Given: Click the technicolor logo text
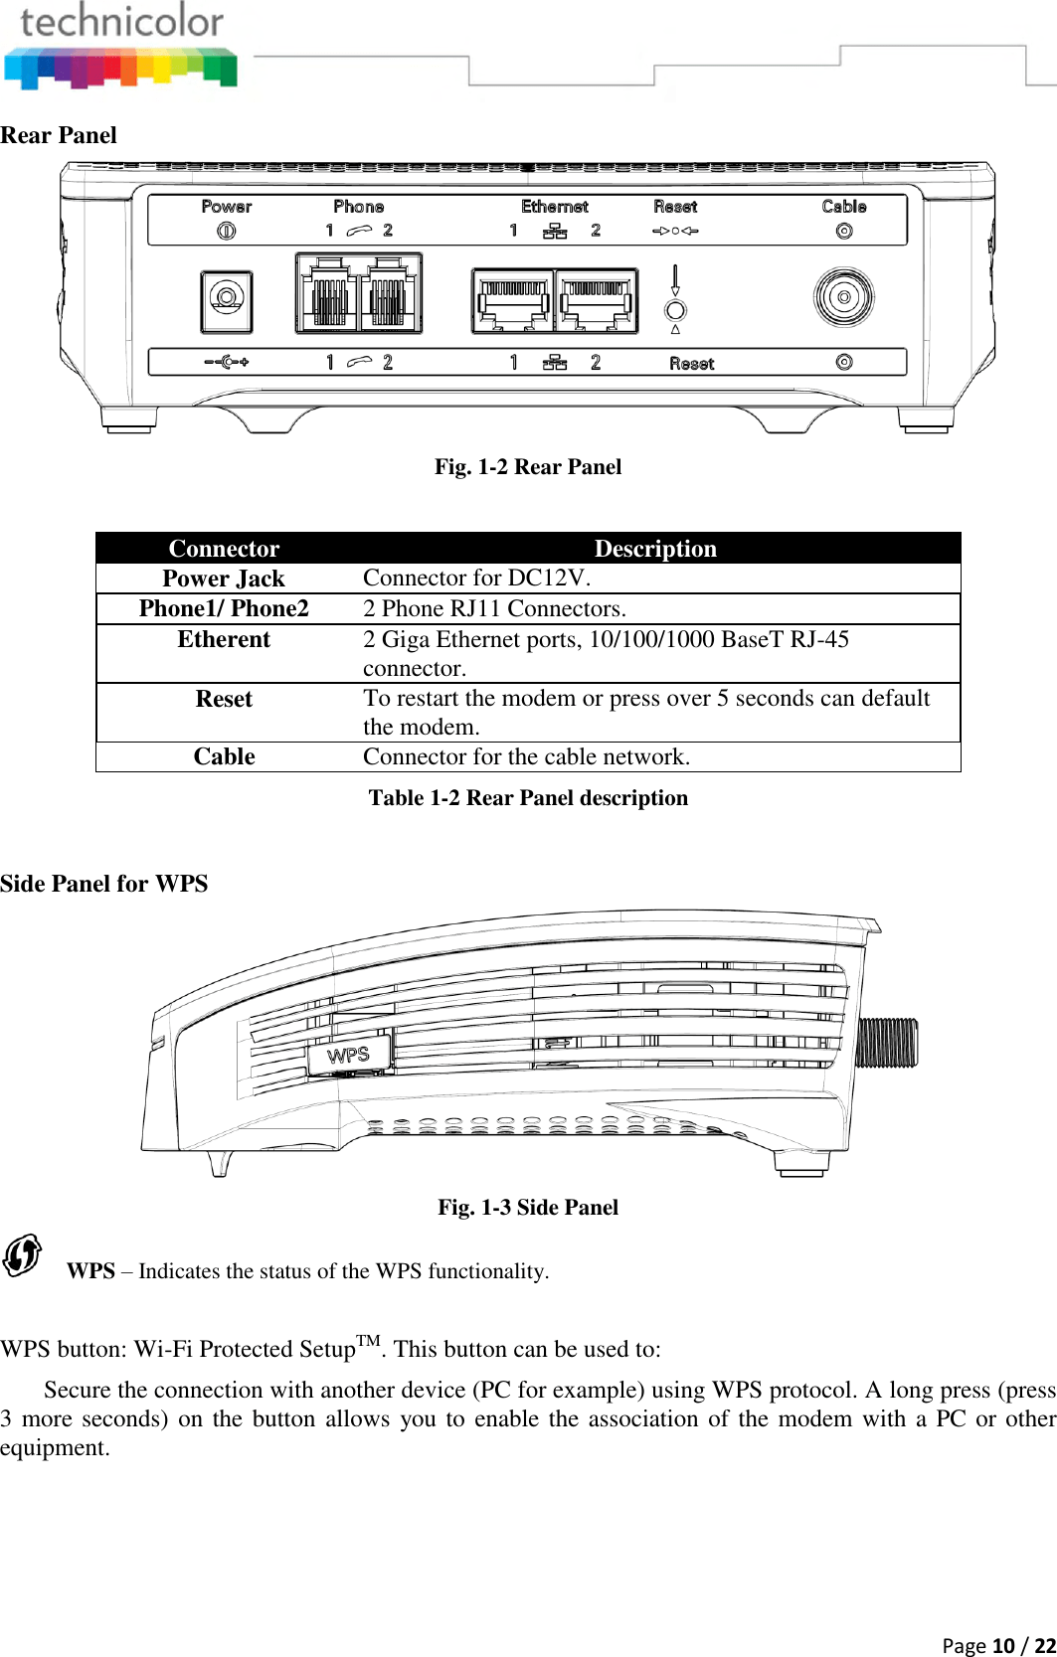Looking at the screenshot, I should click(x=121, y=22).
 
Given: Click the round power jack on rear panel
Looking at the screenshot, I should click(x=227, y=297).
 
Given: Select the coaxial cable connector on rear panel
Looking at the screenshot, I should click(x=843, y=297).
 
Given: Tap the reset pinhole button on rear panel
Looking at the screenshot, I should click(x=675, y=310).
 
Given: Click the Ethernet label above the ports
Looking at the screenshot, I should click(x=554, y=207).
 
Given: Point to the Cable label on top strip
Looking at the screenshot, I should click(x=843, y=207).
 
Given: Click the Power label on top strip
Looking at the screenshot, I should click(x=226, y=207).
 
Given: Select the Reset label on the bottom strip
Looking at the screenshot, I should click(x=691, y=364).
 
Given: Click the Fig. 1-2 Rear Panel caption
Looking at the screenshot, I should click(x=527, y=467).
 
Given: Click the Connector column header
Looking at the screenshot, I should click(x=224, y=549).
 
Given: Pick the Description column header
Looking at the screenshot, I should click(x=654, y=549).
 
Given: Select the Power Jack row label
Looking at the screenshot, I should click(x=224, y=579).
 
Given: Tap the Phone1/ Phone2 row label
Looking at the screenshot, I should click(x=224, y=608).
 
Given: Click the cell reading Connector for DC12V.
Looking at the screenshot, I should click(x=476, y=579).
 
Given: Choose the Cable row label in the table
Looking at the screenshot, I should click(x=224, y=756).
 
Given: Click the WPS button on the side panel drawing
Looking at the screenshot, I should click(x=348, y=1055).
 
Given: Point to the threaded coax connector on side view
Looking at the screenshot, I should click(x=888, y=1043).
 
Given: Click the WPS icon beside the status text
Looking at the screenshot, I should click(x=22, y=1255).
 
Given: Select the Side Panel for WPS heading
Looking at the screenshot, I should click(x=103, y=884).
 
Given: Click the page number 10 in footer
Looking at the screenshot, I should click(x=1002, y=1645).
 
